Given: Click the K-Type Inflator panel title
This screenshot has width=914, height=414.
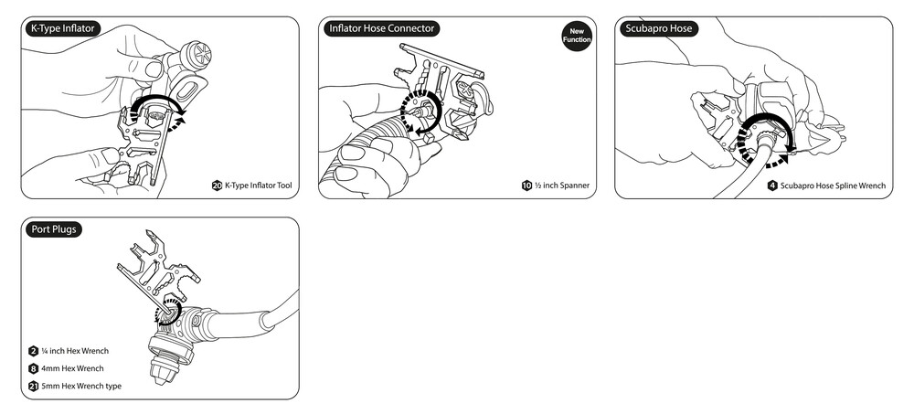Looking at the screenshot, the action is click(x=61, y=28).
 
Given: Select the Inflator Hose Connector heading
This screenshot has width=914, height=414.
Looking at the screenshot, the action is click(x=382, y=28).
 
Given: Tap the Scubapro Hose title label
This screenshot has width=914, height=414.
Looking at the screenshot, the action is click(x=659, y=28).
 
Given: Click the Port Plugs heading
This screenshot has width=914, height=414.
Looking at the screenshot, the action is click(x=54, y=229).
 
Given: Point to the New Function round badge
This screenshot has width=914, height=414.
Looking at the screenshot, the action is click(x=577, y=36).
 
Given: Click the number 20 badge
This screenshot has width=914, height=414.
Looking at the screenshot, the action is click(x=218, y=186).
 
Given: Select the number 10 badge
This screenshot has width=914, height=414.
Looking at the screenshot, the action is click(x=527, y=186).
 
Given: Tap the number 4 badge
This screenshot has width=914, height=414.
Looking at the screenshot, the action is click(x=773, y=186).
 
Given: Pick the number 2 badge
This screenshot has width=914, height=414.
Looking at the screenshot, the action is click(x=33, y=351).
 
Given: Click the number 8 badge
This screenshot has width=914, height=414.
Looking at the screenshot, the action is click(x=33, y=368).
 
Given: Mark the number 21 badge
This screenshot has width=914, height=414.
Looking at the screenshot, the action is click(x=33, y=386).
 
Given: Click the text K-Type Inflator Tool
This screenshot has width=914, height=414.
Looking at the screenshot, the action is click(x=259, y=186).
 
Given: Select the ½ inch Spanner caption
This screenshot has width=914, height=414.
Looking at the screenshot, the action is click(x=562, y=186).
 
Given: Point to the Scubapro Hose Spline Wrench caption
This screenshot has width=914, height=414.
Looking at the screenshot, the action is click(x=833, y=186).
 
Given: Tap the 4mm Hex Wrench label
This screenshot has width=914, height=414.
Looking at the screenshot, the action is click(x=72, y=368).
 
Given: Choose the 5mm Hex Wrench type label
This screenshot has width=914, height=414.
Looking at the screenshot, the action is click(x=81, y=386).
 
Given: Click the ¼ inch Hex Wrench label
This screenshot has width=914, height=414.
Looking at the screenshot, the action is click(x=75, y=351).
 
